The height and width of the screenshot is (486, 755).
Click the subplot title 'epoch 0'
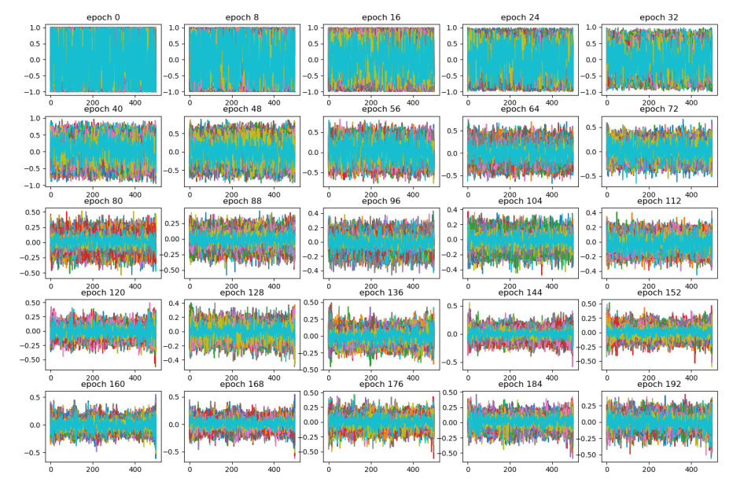coord(103,17)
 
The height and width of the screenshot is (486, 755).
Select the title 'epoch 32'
coord(658,17)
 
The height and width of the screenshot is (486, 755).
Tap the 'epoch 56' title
coord(381,109)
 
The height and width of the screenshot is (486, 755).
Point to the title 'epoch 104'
coord(519,201)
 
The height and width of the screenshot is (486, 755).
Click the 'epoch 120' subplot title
coord(103,293)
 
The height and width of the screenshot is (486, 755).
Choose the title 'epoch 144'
coord(519,293)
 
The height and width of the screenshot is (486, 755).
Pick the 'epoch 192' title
coord(658,385)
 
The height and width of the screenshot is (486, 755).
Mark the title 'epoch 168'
coord(241,385)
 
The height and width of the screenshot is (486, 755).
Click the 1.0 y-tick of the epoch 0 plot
coord(35,28)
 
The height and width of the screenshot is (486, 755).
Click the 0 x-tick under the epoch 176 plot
coord(329,470)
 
